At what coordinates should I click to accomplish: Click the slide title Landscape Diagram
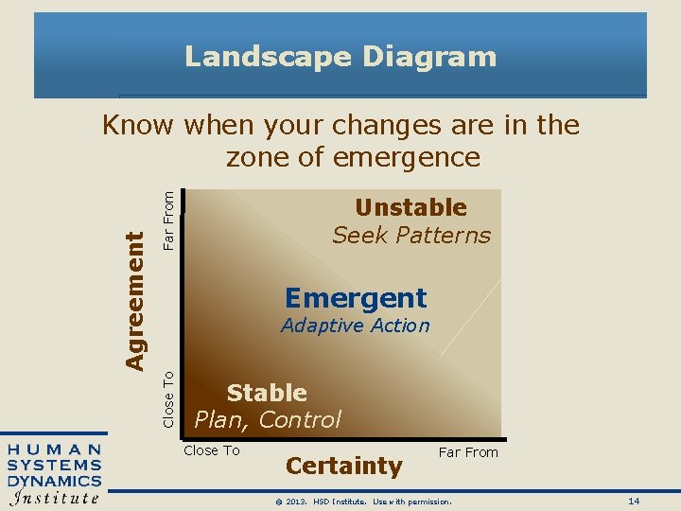pyautogui.click(x=340, y=57)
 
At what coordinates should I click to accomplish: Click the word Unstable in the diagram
pyautogui.click(x=410, y=207)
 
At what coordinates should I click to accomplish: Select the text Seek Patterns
pyautogui.click(x=411, y=236)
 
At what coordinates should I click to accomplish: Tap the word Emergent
pyautogui.click(x=356, y=298)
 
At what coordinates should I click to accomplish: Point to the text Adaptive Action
pyautogui.click(x=356, y=326)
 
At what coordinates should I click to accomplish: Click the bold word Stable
pyautogui.click(x=267, y=393)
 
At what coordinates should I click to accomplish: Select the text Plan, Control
pyautogui.click(x=268, y=419)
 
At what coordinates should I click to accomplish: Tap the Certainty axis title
pyautogui.click(x=343, y=466)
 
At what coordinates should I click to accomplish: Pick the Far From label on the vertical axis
pyautogui.click(x=168, y=220)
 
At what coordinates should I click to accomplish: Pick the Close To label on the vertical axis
pyautogui.click(x=168, y=398)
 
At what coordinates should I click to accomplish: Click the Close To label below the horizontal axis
pyautogui.click(x=212, y=450)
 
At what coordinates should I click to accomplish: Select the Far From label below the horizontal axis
pyautogui.click(x=467, y=452)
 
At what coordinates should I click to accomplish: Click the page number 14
pyautogui.click(x=634, y=500)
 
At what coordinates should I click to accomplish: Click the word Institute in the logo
pyautogui.click(x=54, y=497)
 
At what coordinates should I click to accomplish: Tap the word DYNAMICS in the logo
pyautogui.click(x=54, y=480)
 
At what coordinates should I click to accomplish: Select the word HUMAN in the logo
pyautogui.click(x=54, y=449)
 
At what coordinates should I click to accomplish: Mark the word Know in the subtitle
pyautogui.click(x=138, y=125)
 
